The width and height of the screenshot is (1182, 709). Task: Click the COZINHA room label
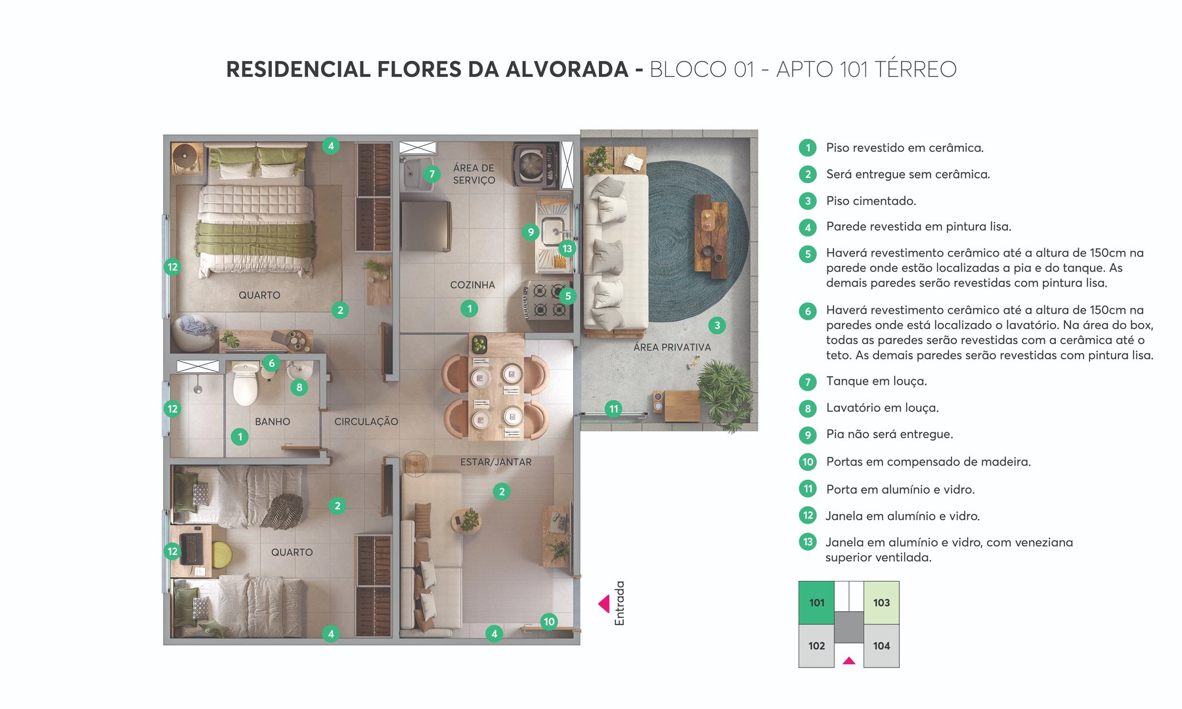click(x=472, y=285)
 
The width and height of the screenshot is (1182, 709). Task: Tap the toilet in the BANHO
click(x=246, y=386)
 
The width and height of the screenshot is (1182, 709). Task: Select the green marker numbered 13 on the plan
click(x=567, y=248)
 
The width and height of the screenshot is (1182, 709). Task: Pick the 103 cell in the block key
click(x=881, y=603)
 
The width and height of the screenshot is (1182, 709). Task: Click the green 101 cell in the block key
click(x=816, y=603)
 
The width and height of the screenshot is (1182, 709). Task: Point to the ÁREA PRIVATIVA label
click(x=672, y=347)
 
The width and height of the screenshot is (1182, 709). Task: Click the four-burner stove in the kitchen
click(x=546, y=300)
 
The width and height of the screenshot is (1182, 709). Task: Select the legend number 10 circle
click(x=808, y=462)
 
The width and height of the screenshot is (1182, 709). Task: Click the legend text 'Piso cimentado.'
click(x=871, y=201)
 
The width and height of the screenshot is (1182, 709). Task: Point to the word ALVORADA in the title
click(x=566, y=69)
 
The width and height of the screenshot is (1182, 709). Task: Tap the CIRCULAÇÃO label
click(x=366, y=421)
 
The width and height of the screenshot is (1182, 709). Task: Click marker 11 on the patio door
click(x=613, y=409)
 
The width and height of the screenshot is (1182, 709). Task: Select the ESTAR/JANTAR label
click(x=496, y=462)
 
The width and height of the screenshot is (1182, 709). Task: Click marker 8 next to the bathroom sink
click(x=299, y=387)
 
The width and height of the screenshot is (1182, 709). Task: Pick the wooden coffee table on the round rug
click(x=711, y=235)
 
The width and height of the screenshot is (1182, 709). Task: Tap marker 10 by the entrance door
click(x=549, y=621)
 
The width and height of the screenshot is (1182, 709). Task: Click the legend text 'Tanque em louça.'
click(x=876, y=381)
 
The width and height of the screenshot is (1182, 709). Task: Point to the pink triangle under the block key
click(x=849, y=660)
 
